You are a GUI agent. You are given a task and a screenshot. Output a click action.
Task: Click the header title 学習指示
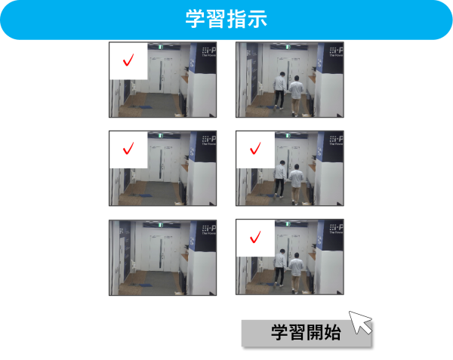[226, 19]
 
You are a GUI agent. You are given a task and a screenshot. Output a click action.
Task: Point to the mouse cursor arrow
[360, 322]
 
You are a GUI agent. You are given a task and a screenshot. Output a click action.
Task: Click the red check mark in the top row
[129, 60]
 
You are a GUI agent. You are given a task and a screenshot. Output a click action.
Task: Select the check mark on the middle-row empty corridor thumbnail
[129, 147]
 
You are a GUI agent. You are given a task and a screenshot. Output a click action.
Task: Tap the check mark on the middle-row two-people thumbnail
[254, 147]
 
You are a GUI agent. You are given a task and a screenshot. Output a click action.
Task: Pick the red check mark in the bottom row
[254, 237]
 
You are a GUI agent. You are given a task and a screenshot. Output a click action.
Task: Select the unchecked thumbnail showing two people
[289, 79]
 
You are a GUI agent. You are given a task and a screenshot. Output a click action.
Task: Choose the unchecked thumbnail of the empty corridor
[162, 257]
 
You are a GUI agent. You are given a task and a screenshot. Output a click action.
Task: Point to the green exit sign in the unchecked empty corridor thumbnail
[160, 225]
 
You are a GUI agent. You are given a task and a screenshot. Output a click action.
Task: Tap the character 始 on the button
[331, 332]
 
